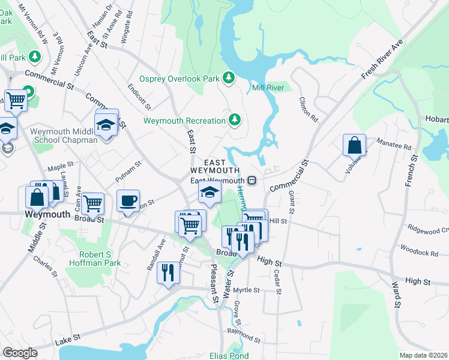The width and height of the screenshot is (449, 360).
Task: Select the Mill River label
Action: [268, 88]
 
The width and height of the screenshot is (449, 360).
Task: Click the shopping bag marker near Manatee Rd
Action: [354, 145]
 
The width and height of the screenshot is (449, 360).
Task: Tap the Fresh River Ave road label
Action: [381, 61]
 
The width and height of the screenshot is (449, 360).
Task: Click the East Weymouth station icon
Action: [253, 180]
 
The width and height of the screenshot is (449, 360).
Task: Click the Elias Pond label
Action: [229, 355]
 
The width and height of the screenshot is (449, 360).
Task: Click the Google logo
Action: [20, 353]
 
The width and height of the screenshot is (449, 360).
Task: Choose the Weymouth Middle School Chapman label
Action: [64, 136]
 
